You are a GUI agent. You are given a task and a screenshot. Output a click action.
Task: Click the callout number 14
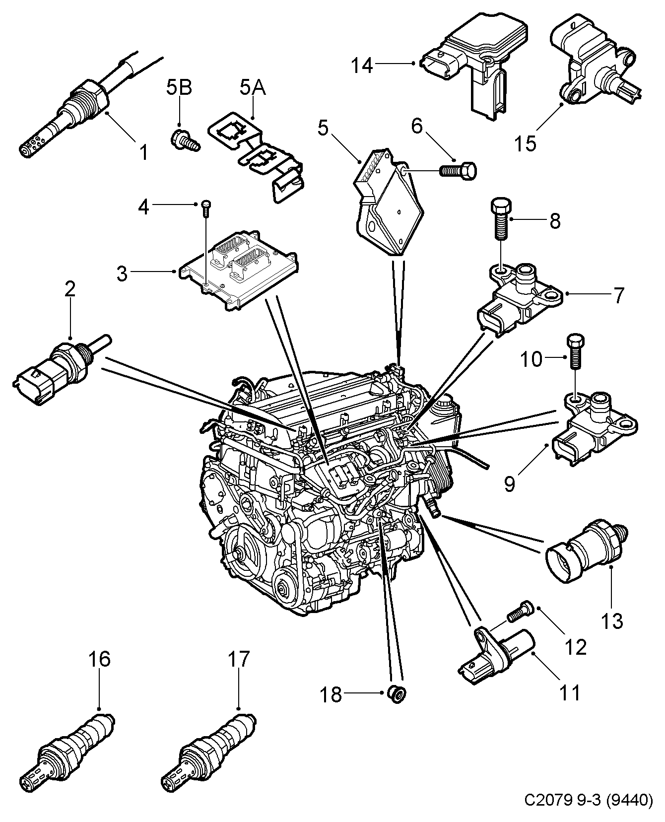coord(363,66)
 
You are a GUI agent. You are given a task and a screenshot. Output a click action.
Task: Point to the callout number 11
coord(570,692)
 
